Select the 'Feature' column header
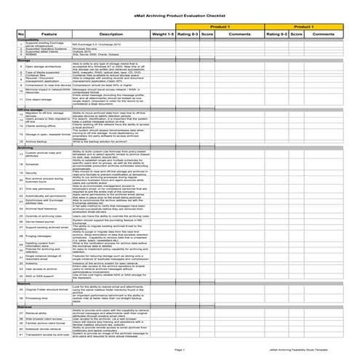[x=49, y=33]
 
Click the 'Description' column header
[x=111, y=33]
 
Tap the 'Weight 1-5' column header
[x=162, y=33]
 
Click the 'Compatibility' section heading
[x=28, y=40]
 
